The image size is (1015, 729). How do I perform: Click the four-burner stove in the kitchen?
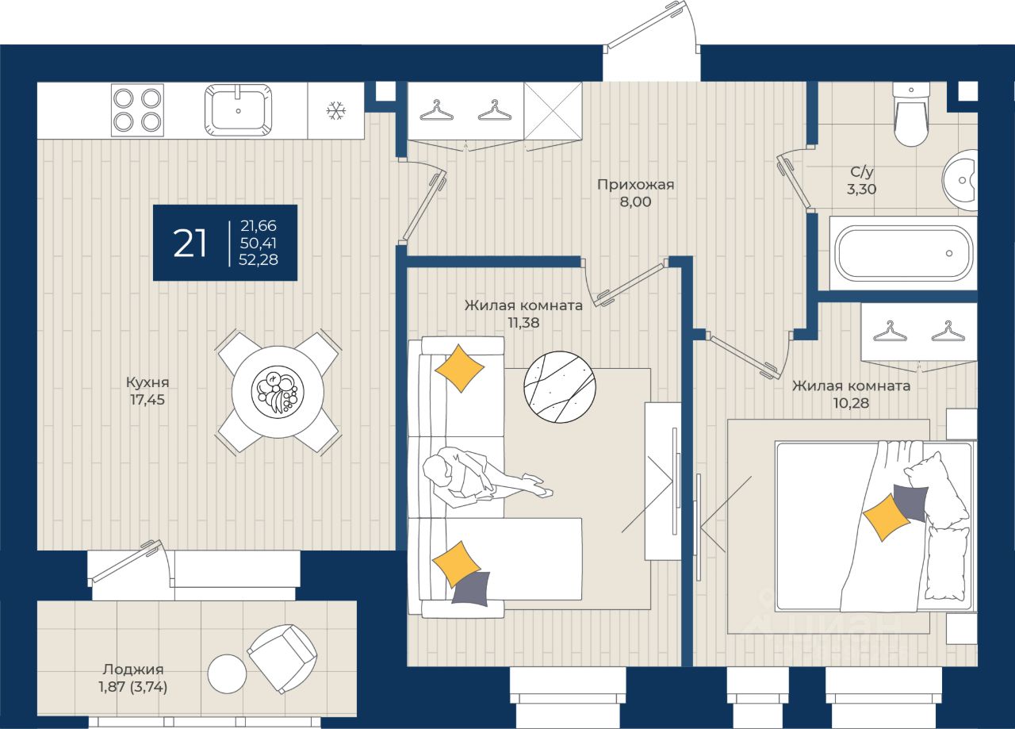tap(137, 109)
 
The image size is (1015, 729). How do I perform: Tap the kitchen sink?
tap(239, 109)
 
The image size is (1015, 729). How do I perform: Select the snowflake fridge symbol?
tap(336, 110)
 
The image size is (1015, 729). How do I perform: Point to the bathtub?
tap(904, 253)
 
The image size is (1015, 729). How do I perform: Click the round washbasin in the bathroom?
tap(960, 180)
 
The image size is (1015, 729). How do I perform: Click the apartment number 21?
tap(190, 244)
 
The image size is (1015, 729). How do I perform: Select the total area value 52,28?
tap(259, 259)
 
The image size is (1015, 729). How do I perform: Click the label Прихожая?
tap(635, 185)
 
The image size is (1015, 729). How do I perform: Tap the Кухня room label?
tap(147, 382)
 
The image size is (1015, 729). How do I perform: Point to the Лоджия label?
tap(133, 670)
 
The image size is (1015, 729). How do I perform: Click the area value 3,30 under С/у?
tap(861, 189)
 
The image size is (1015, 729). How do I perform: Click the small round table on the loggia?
tap(227, 674)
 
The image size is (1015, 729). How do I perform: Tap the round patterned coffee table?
tap(560, 387)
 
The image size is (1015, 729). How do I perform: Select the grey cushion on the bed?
tap(910, 502)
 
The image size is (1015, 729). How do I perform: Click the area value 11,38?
tap(523, 323)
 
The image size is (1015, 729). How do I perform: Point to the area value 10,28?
tap(851, 403)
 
